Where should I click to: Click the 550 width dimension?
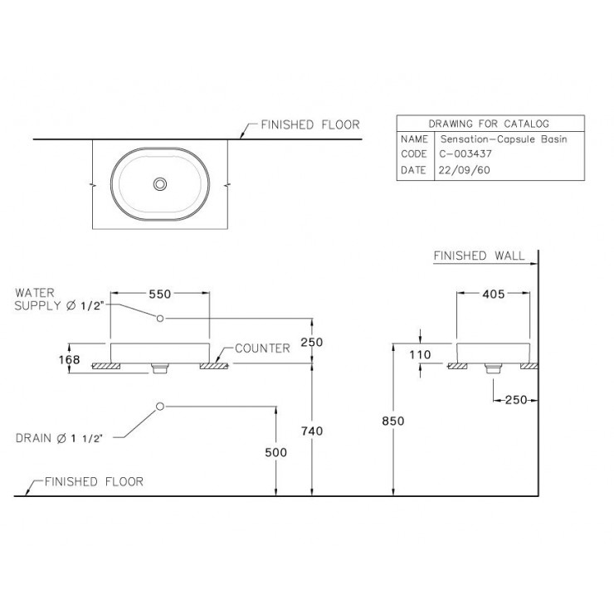159,294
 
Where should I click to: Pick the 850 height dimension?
392,421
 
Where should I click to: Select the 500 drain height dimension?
275,452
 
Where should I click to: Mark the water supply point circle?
161,319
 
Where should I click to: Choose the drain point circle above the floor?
161,407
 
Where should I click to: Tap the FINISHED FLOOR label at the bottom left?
94,481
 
